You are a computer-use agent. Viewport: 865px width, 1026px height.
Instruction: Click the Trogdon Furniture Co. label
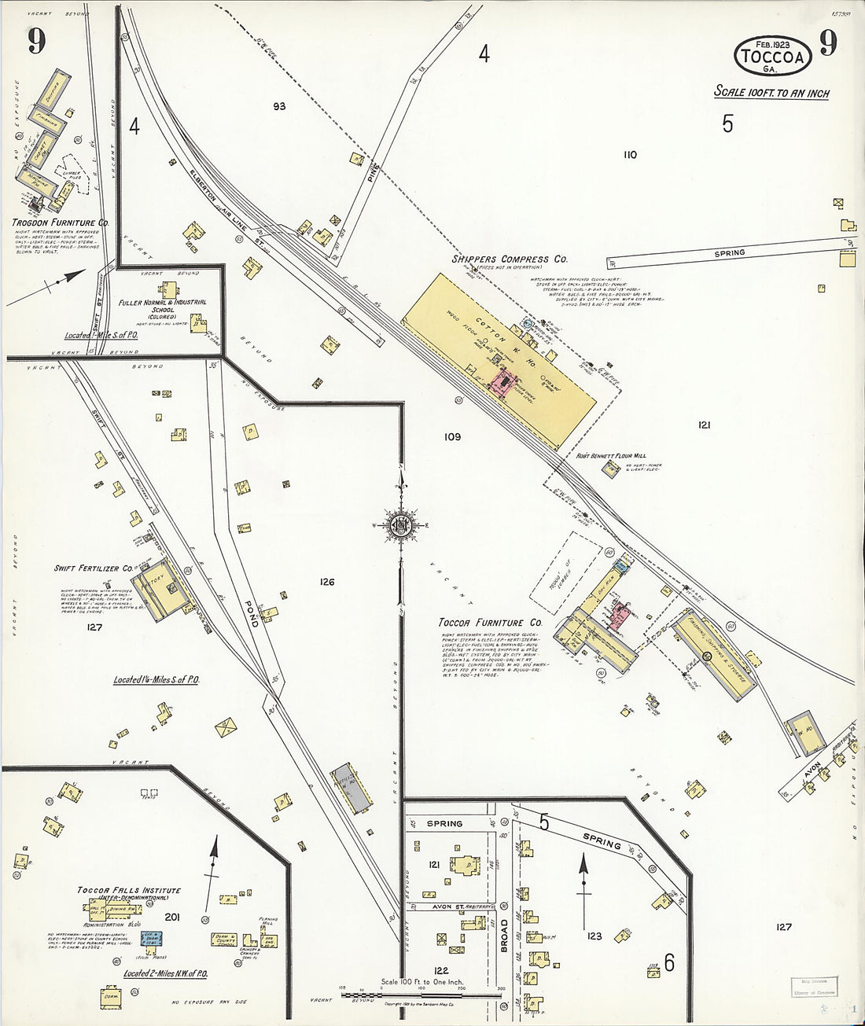pos(60,223)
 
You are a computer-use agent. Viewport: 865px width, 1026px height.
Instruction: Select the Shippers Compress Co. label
pos(510,259)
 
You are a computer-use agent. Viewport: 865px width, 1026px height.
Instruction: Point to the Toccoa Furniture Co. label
pos(491,623)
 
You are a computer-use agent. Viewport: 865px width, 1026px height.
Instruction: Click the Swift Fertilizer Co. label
pos(93,568)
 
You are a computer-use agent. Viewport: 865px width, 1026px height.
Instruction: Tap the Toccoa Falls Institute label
pos(129,891)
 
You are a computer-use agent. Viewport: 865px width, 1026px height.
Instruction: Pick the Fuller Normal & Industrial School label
pos(163,306)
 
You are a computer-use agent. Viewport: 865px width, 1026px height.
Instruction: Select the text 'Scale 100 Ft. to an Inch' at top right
pos(771,93)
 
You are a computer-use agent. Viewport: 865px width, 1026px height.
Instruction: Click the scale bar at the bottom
pos(421,995)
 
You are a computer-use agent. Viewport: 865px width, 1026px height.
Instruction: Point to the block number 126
pos(327,582)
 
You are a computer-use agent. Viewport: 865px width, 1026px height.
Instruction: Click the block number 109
pos(451,437)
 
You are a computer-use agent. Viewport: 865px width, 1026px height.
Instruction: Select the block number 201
pos(172,917)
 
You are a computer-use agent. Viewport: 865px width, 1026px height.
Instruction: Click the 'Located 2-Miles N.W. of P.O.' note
pos(165,974)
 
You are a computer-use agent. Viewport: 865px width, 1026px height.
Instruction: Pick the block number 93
pos(279,106)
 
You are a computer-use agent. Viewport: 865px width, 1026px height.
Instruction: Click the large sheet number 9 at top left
pos(37,42)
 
